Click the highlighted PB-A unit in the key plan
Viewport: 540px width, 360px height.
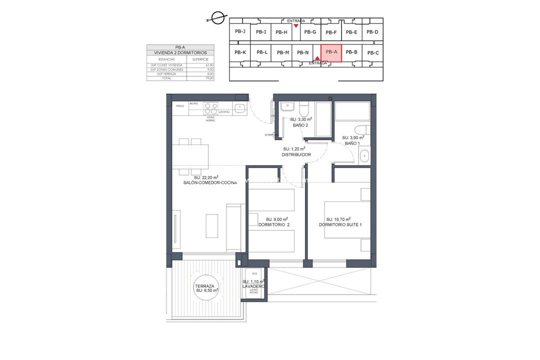coord(331,52)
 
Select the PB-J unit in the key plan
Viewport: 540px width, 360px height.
coord(240,31)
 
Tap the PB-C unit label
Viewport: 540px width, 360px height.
coord(373,53)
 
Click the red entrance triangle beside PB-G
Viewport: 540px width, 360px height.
coord(296,25)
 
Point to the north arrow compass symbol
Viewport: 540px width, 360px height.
coord(216,18)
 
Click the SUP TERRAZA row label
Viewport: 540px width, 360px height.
coord(160,74)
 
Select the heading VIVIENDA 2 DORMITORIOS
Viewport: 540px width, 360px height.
coord(180,52)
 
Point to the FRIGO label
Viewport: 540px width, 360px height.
coord(179,106)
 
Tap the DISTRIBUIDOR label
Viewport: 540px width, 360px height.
coord(296,155)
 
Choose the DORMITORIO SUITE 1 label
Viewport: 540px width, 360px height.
coord(340,225)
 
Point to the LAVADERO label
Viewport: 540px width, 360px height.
coord(253,286)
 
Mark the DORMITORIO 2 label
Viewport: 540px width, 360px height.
coord(274,225)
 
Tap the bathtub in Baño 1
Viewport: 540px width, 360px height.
coord(352,111)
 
